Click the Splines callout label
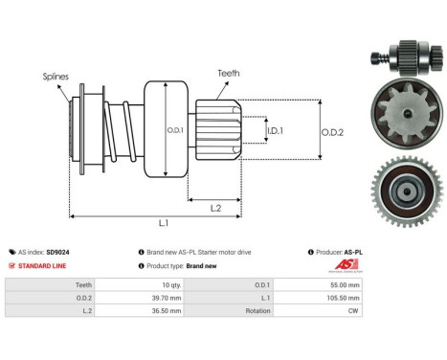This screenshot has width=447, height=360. pos(55,75)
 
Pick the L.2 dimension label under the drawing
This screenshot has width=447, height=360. pos(216,207)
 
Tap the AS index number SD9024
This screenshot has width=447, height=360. pos(57,252)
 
